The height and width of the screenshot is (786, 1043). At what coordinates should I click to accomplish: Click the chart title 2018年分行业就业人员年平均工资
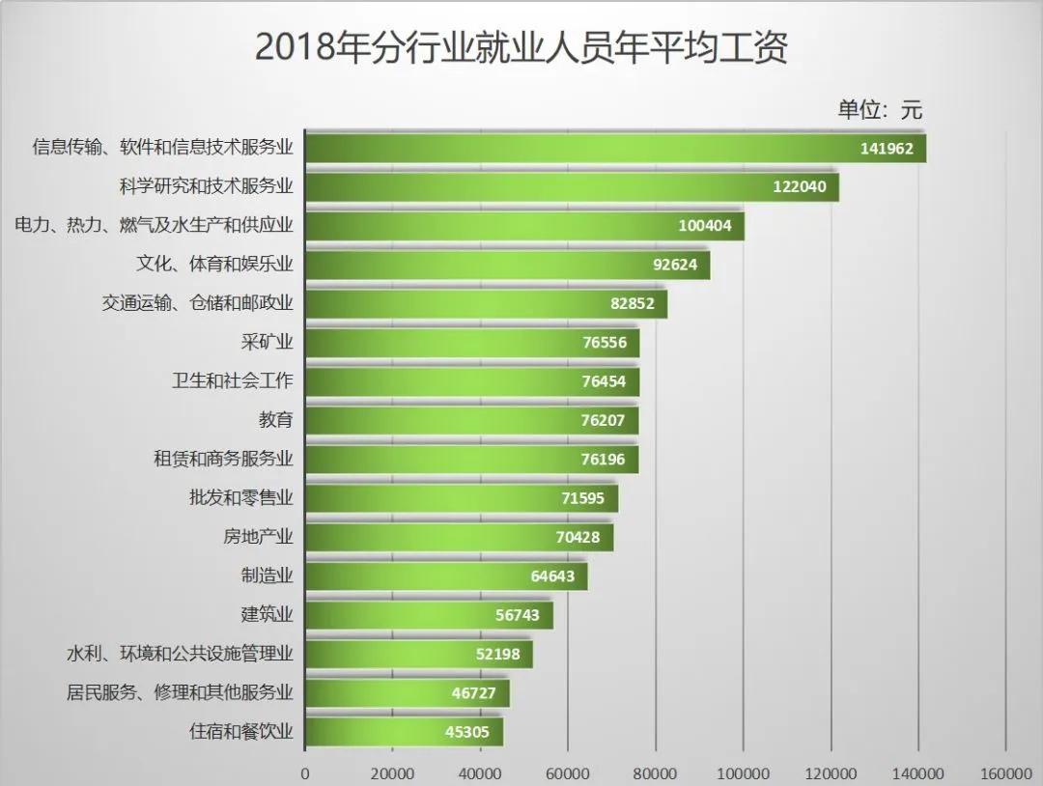click(x=521, y=46)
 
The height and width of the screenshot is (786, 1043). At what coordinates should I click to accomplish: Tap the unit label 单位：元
click(x=879, y=109)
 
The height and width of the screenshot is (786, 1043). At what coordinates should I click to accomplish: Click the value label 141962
click(x=887, y=149)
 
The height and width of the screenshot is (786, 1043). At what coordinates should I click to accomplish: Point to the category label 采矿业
click(x=267, y=342)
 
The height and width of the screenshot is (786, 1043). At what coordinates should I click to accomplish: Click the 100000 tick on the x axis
click(x=744, y=773)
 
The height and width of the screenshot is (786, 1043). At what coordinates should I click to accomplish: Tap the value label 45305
click(x=467, y=732)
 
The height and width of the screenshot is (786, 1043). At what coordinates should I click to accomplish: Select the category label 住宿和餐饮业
click(x=240, y=731)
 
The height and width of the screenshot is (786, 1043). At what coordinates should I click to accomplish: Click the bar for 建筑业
click(x=429, y=615)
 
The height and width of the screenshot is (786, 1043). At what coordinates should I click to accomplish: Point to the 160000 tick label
click(x=1006, y=773)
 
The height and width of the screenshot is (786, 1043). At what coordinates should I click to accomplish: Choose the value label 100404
click(x=705, y=226)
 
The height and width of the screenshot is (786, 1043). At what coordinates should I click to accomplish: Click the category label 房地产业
click(x=258, y=536)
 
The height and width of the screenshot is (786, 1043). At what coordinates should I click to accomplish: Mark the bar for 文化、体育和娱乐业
click(x=507, y=265)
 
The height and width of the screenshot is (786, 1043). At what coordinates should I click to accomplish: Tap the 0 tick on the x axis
click(x=305, y=773)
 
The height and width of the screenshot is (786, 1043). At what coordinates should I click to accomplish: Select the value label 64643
click(x=552, y=576)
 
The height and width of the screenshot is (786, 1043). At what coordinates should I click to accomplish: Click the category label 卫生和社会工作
click(x=232, y=380)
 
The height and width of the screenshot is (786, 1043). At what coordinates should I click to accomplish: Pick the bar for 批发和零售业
click(x=462, y=498)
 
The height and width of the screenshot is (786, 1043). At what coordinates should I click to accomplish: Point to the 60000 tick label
click(x=568, y=773)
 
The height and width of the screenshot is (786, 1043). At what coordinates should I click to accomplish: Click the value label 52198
click(x=497, y=654)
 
